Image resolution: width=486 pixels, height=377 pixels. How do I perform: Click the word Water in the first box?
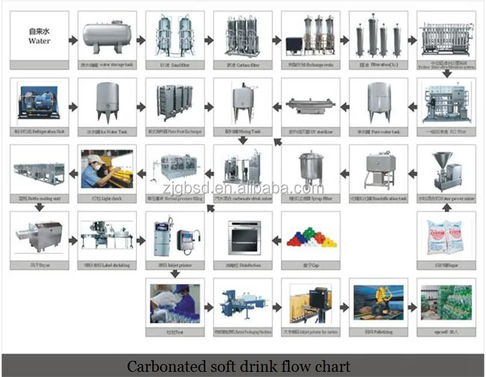coord(39,41)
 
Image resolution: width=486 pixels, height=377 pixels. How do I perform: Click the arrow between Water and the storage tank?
coord(73,40)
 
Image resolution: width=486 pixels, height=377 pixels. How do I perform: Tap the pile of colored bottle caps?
coord(310,237)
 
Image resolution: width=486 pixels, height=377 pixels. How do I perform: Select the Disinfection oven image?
coord(242,237)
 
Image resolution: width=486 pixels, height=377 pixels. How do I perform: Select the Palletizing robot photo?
coord(378,303)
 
